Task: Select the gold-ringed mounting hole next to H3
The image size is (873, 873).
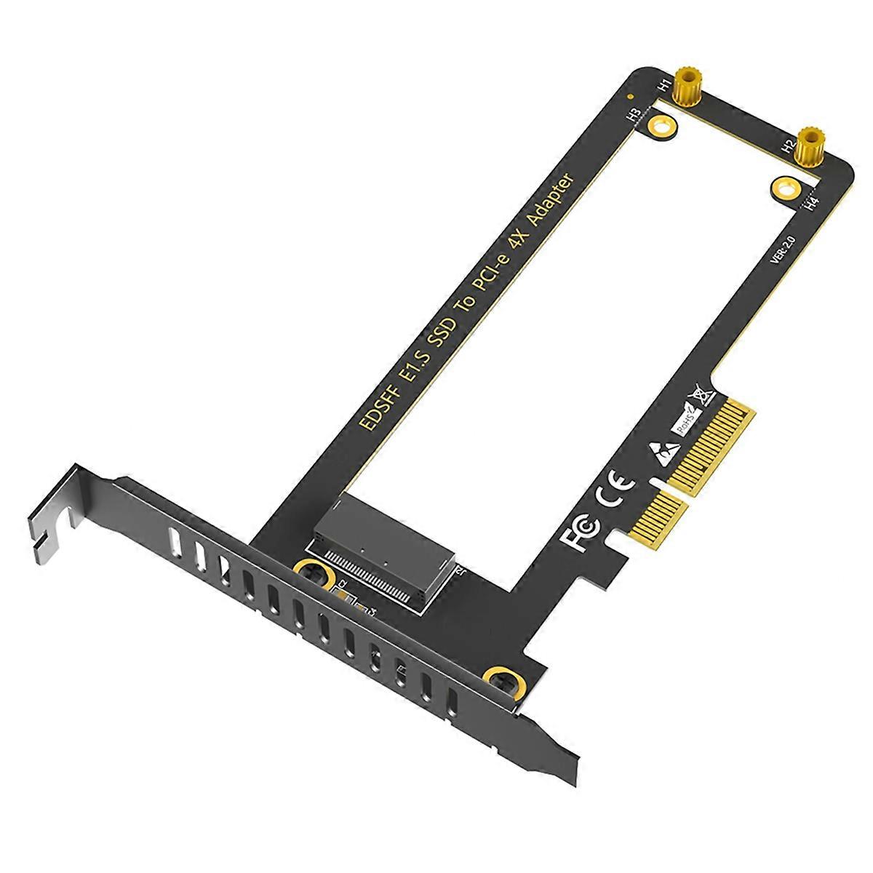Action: pos(661,127)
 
